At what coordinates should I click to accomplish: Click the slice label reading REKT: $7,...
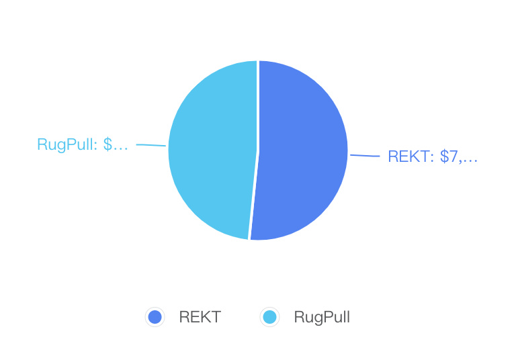tap(433, 157)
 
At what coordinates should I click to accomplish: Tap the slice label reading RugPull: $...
tap(82, 144)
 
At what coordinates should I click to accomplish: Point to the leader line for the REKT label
tap(365, 156)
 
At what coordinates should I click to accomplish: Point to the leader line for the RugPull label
tap(150, 144)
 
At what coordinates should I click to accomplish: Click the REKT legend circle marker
tap(155, 318)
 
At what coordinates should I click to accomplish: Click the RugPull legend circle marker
tap(269, 318)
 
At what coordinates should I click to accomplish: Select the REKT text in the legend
tap(200, 318)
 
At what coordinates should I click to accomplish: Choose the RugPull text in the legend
tap(322, 318)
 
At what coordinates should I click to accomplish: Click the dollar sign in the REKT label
tap(444, 157)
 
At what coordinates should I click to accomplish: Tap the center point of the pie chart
tap(258, 150)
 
